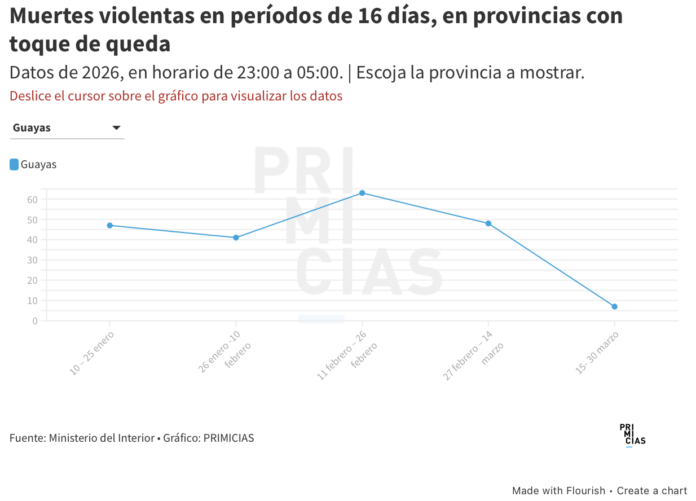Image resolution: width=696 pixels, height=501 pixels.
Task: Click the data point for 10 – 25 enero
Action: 110,226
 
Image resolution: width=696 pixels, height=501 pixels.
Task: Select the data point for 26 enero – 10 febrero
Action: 236,238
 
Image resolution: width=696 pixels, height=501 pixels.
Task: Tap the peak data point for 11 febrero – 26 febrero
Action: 362,193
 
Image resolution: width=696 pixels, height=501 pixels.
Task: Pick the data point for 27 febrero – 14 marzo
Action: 488,223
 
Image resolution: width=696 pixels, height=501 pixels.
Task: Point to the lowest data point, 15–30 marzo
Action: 614,306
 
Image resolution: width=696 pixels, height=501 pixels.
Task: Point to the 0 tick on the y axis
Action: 35,320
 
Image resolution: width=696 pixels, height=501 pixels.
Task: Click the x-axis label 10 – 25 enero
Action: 92,354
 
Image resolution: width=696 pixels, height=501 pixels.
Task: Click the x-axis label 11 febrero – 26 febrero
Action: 344,355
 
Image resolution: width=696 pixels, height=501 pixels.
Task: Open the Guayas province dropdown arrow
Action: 116,128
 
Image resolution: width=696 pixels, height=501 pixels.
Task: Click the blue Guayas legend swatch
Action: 14,165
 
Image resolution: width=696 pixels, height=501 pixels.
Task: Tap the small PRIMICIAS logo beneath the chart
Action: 632,435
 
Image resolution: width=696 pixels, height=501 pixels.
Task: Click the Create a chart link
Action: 652,491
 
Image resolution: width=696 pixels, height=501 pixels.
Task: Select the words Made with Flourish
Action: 558,491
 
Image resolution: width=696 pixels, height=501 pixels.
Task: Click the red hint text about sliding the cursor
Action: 176,96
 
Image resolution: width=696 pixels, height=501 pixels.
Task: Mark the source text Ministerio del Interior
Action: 102,438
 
